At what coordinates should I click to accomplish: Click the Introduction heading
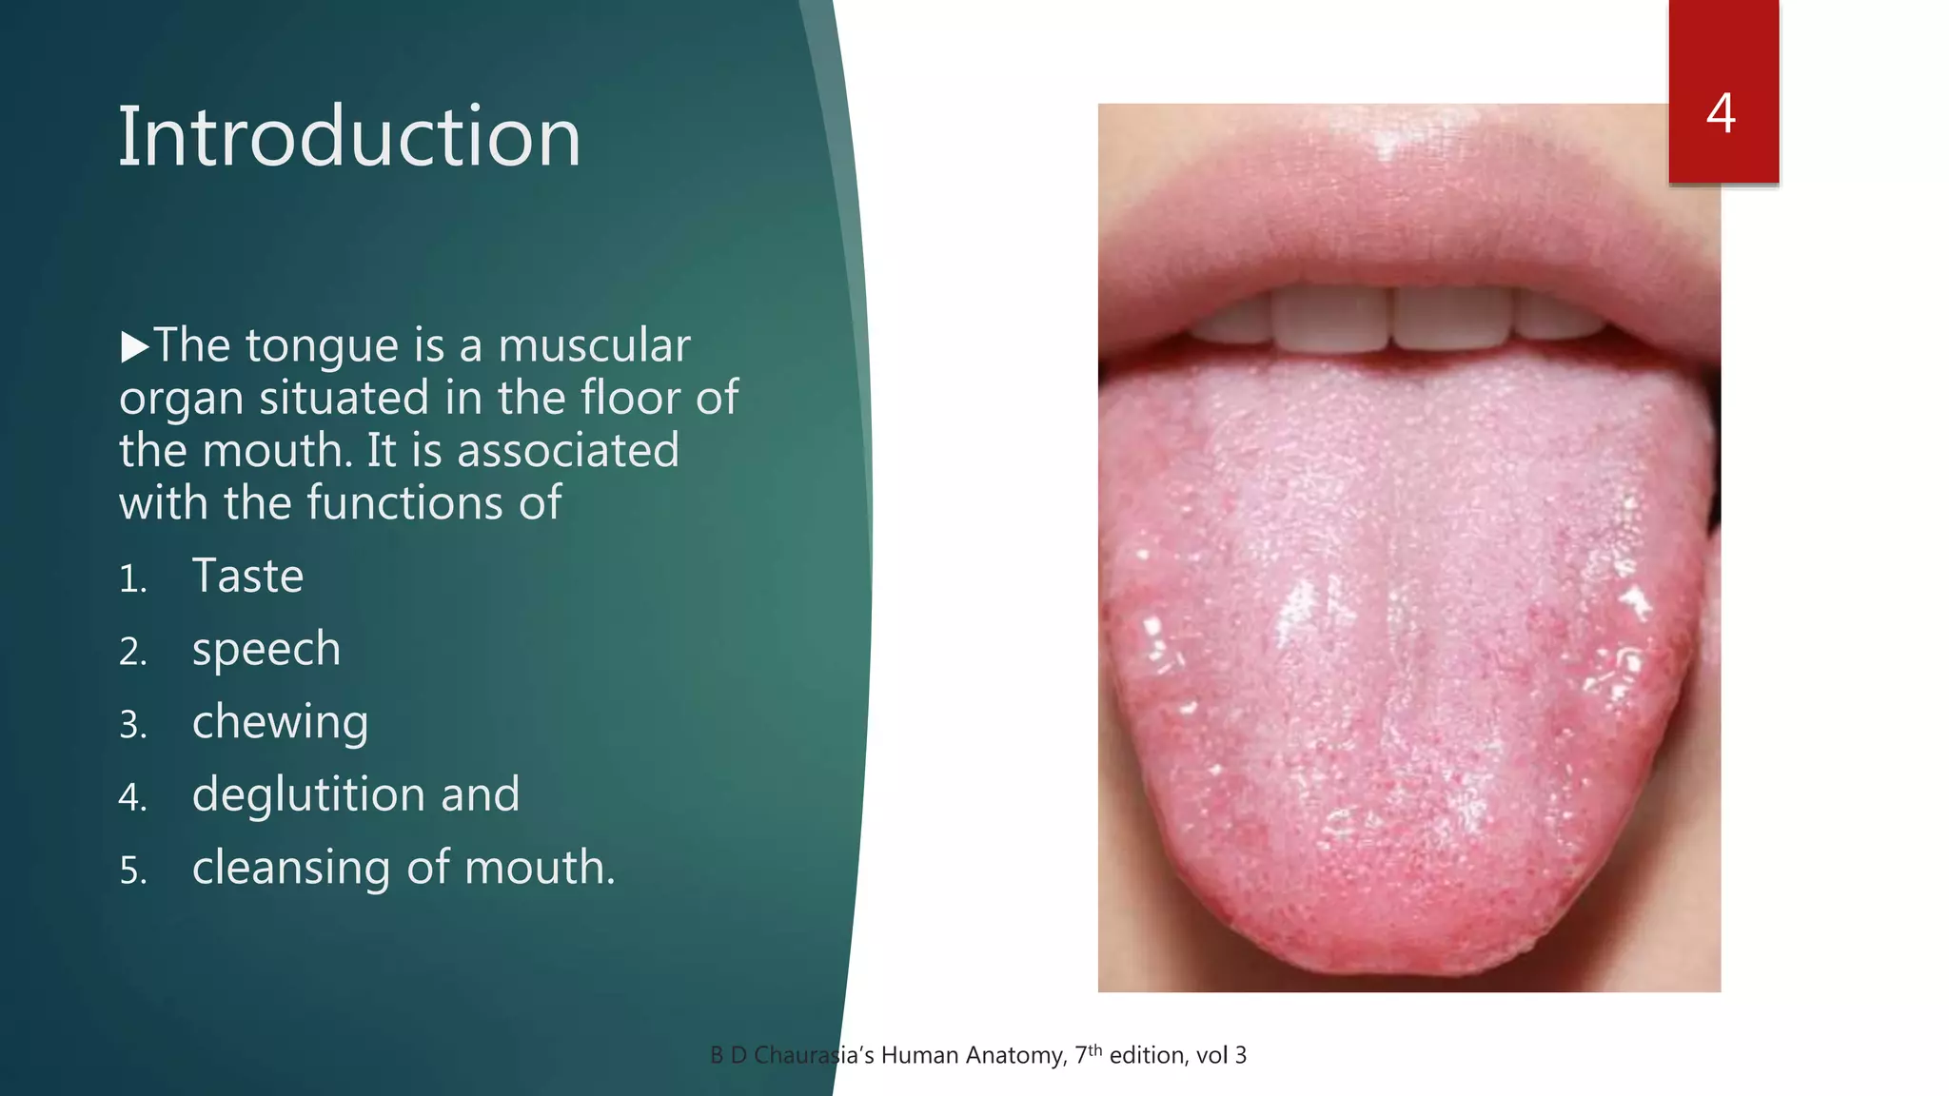(348, 137)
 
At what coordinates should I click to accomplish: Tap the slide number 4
(1721, 113)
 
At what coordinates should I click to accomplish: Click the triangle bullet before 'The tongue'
(135, 347)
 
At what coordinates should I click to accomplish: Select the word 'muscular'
(594, 345)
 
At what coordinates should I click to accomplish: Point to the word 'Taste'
(247, 576)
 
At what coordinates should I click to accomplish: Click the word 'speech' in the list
(266, 650)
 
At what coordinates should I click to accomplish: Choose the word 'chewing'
(280, 723)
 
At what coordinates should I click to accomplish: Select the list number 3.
(132, 726)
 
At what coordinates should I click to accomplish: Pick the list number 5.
(132, 871)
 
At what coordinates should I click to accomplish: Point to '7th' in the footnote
(1088, 1054)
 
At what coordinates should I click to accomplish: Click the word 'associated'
(568, 450)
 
